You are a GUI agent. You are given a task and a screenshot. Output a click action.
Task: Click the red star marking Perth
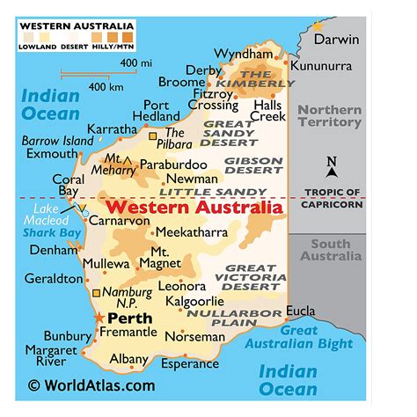coord(99,318)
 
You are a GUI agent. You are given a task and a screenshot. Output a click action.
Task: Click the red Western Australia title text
coord(194,208)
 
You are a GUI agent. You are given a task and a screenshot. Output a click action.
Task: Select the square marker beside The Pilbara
coord(152,136)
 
